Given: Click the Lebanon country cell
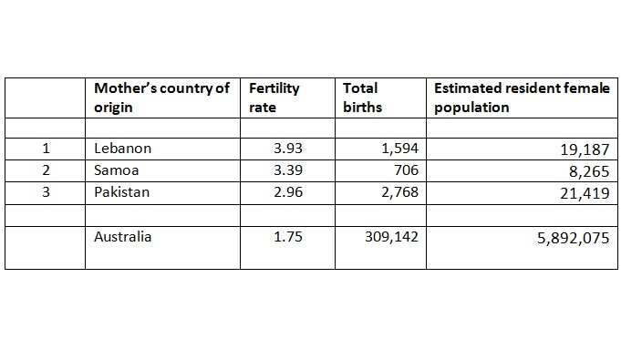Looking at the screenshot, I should click(122, 148).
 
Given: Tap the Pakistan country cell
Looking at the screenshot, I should click(123, 192).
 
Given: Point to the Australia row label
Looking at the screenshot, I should click(123, 237).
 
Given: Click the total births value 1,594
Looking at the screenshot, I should click(397, 148).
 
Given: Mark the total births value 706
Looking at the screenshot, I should click(406, 170).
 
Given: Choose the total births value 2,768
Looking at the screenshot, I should click(397, 192).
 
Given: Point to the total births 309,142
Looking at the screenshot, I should click(389, 237).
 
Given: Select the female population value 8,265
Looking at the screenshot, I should click(589, 170).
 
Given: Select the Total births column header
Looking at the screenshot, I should click(362, 98).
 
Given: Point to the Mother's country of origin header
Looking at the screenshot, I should click(161, 98).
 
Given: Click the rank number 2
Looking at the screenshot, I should click(45, 170).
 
